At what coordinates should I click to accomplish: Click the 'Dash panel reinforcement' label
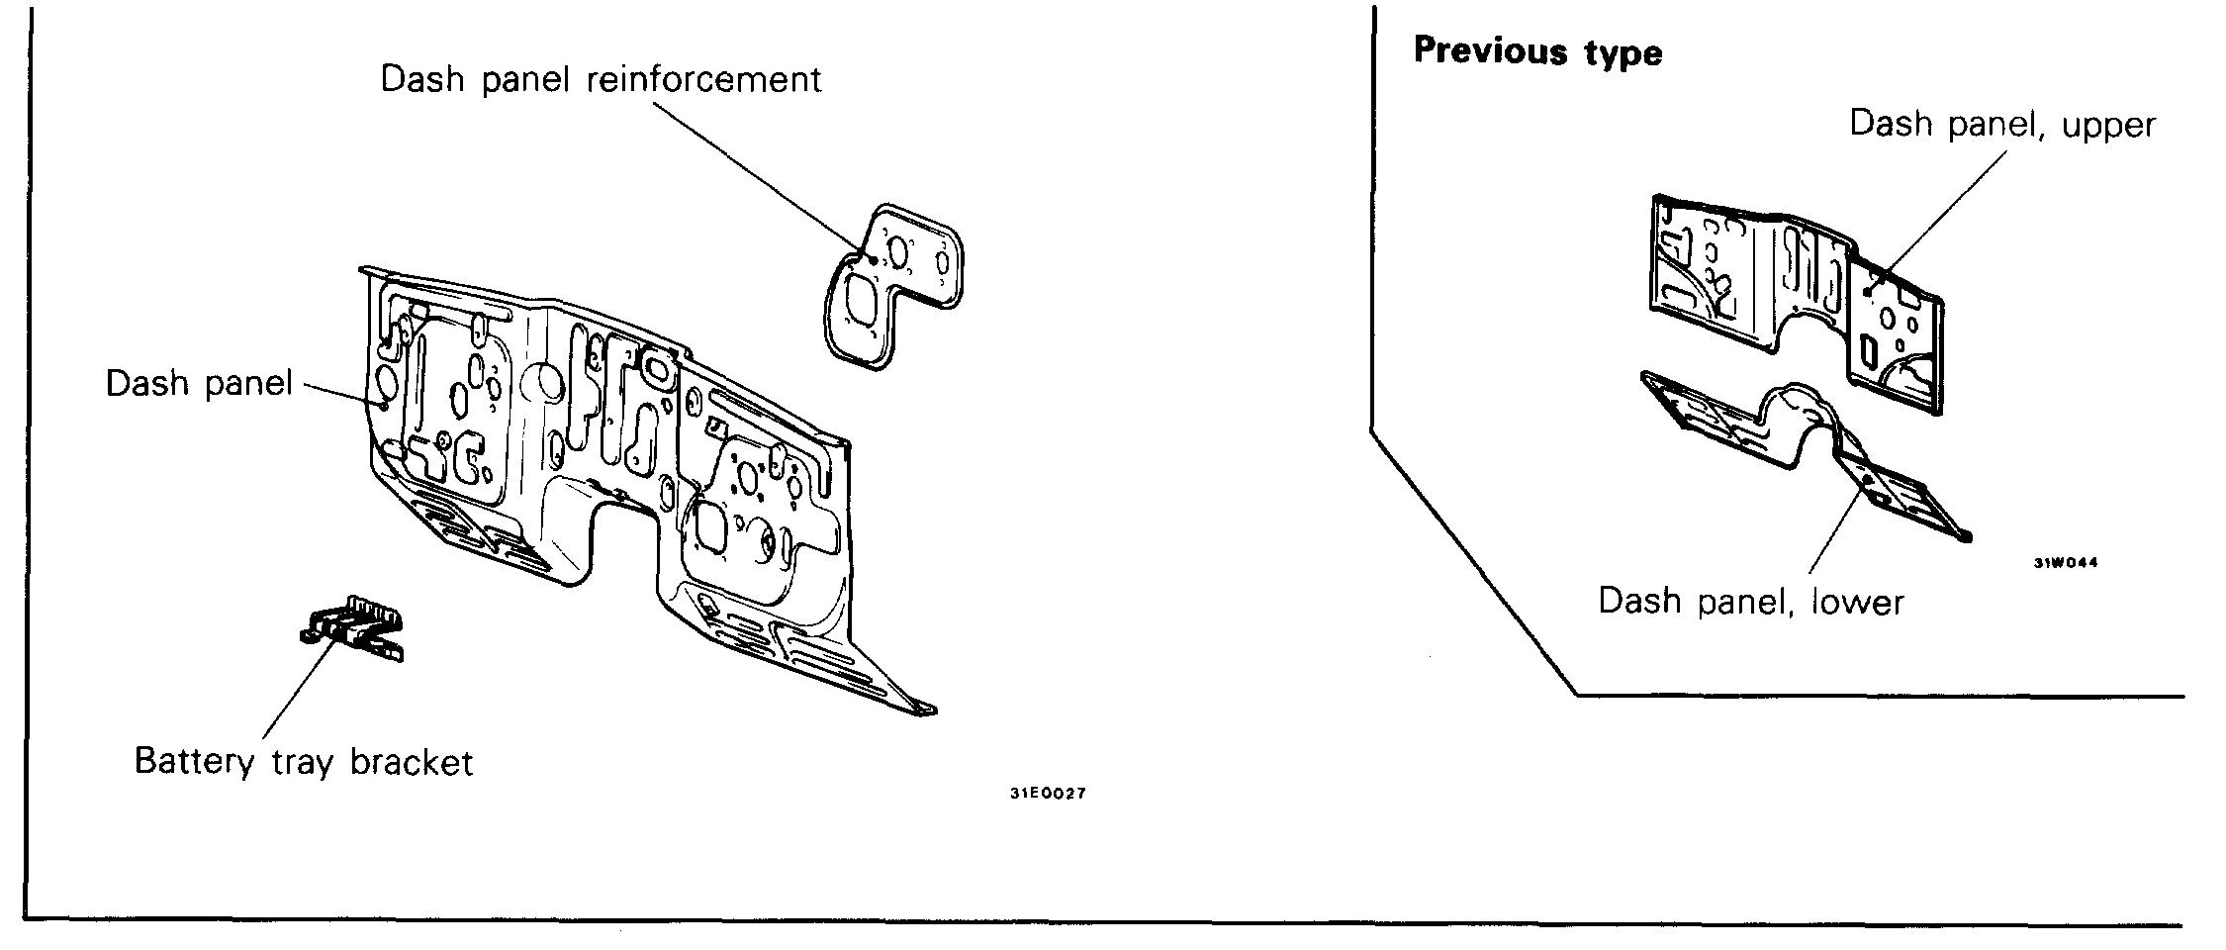pos(601,79)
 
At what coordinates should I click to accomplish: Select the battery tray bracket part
pos(354,629)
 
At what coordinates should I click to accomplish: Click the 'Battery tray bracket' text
pos(304,762)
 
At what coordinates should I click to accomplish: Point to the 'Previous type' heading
pos(1537,51)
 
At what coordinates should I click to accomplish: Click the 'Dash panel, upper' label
pos(2001,125)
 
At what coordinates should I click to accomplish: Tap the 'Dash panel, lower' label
pos(1750,601)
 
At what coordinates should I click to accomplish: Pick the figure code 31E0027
pos(1048,794)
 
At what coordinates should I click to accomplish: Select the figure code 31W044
pos(2066,563)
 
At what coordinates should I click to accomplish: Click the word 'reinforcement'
pos(703,79)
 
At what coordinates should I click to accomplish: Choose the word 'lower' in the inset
pos(1857,601)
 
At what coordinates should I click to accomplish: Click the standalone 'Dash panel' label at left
pos(199,384)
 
